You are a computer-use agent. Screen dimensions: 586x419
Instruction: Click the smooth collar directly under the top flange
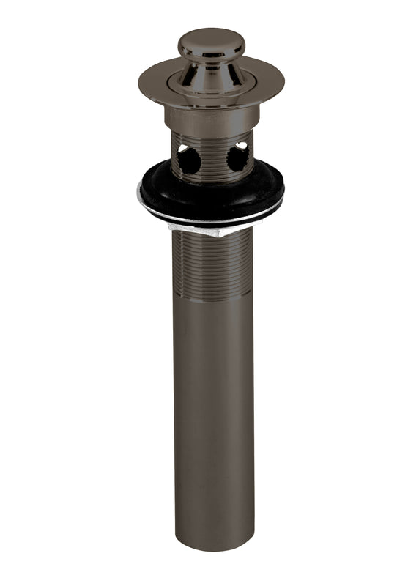click(211, 116)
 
